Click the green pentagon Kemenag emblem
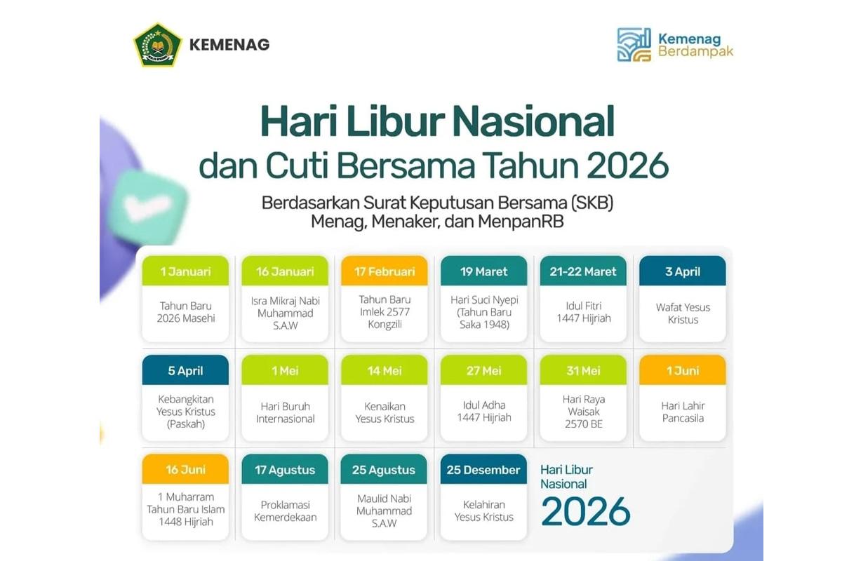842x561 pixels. (x=158, y=44)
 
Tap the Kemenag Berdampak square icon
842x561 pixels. (x=634, y=45)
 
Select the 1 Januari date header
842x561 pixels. (x=185, y=271)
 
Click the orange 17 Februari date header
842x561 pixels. (x=384, y=271)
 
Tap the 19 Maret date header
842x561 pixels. (x=483, y=271)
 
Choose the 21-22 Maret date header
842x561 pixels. (x=583, y=271)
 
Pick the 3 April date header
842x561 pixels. (x=683, y=271)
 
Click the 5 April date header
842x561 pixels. (x=185, y=370)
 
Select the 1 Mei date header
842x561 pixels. (x=285, y=370)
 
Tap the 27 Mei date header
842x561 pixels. (x=483, y=370)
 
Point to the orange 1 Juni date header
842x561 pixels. (x=683, y=370)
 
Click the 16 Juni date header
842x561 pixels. (x=185, y=470)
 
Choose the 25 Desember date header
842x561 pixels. (x=483, y=470)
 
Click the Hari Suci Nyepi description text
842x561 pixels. (x=483, y=312)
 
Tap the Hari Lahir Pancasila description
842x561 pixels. (x=683, y=412)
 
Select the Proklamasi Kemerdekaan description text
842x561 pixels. (x=285, y=511)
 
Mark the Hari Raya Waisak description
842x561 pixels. (x=583, y=412)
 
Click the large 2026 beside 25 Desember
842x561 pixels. (x=586, y=511)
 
